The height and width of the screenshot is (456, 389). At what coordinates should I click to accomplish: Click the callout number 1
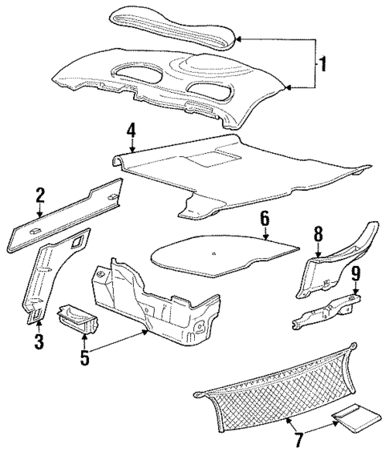click(322, 63)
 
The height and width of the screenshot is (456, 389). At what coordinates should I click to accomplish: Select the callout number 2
click(39, 195)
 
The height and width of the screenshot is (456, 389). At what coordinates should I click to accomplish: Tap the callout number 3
click(38, 344)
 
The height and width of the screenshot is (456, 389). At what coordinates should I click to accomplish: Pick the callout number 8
click(318, 235)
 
